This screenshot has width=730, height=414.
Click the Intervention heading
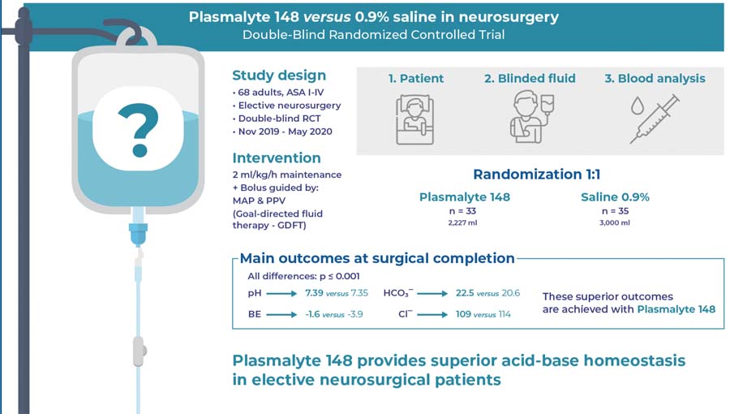point(277,157)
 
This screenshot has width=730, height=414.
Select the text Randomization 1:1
point(537,175)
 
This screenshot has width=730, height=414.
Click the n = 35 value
point(615,210)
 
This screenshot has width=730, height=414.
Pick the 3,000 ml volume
point(615,222)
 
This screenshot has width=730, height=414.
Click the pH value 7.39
point(314,292)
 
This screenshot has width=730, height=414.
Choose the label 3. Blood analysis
point(655,79)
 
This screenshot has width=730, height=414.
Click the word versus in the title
point(327,16)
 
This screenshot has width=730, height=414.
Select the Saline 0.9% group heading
point(615,197)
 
